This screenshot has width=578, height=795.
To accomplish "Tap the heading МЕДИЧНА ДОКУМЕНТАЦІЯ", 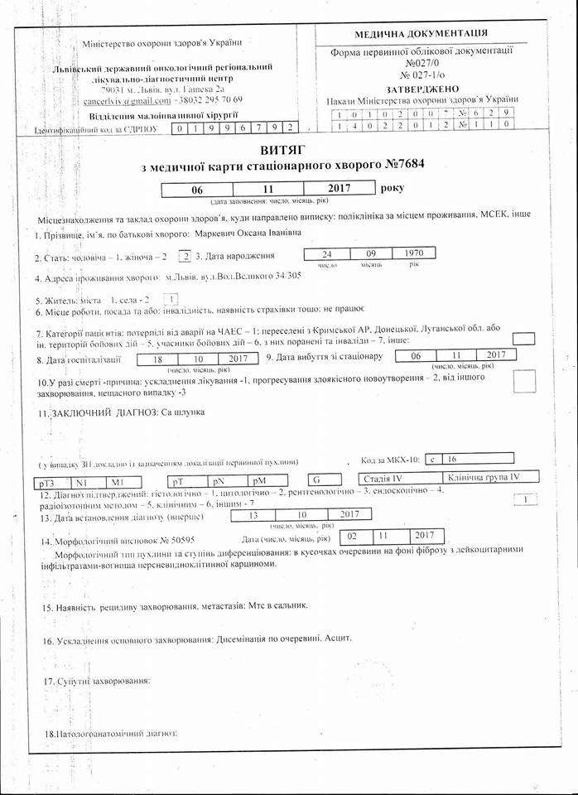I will (421, 34).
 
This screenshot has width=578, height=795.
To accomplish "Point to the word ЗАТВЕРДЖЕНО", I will (422, 88).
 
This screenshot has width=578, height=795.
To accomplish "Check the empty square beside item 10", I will (524, 381).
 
